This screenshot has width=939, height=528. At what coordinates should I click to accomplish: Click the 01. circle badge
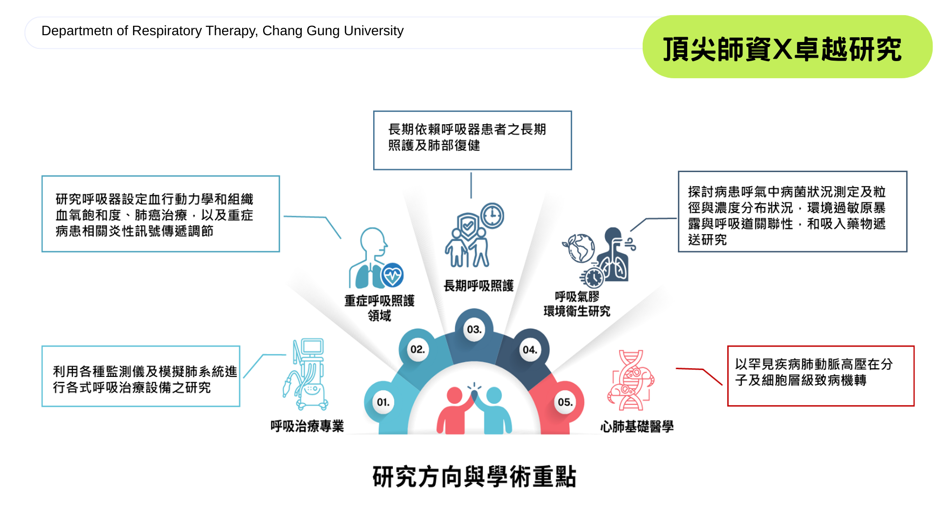(x=383, y=402)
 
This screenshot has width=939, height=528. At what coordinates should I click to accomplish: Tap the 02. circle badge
(x=417, y=350)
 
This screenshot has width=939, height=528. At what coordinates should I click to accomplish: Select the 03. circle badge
(x=474, y=330)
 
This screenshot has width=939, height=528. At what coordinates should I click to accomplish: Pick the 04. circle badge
(x=530, y=350)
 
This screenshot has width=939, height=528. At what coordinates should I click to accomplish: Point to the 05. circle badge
(x=565, y=402)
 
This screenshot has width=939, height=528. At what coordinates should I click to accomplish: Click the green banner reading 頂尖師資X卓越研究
(x=787, y=48)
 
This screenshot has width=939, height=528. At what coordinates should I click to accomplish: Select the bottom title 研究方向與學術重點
(x=474, y=477)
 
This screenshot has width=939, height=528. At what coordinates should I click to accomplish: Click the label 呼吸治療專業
(x=307, y=426)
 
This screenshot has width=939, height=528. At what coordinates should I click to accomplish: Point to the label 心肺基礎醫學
(x=637, y=427)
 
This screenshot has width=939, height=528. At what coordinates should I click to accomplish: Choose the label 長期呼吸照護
(x=478, y=286)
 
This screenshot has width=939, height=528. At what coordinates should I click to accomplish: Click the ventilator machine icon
(x=307, y=374)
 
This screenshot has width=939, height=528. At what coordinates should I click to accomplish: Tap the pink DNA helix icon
(x=631, y=380)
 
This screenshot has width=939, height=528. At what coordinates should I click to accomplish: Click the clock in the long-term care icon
(x=492, y=216)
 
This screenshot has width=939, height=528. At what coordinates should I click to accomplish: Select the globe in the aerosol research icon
(x=579, y=247)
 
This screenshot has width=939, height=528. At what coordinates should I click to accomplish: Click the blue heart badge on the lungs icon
(x=392, y=275)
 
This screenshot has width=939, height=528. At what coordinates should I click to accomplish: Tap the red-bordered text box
(x=820, y=375)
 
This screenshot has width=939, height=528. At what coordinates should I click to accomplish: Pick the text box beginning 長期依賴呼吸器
(x=472, y=140)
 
